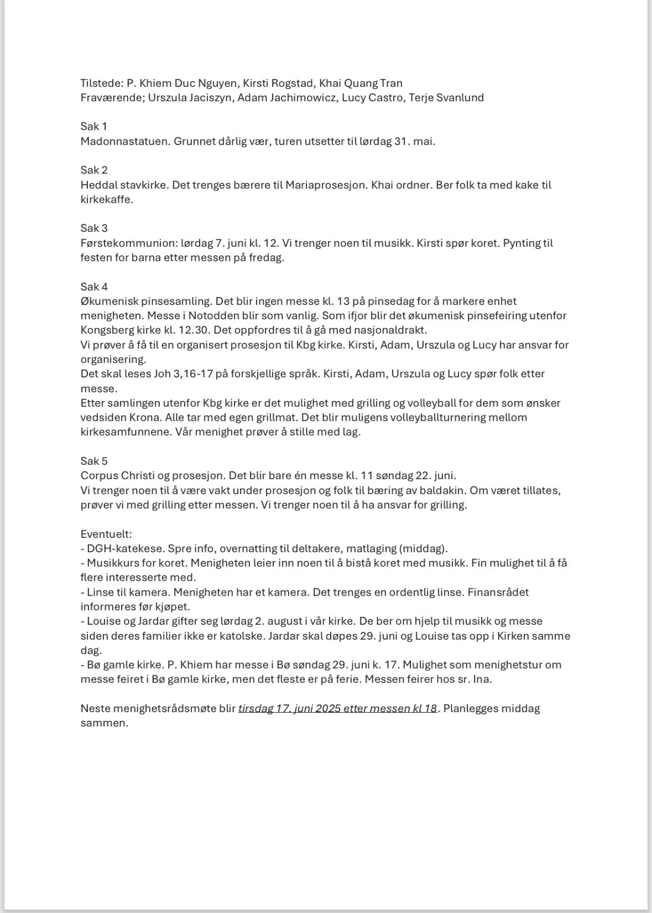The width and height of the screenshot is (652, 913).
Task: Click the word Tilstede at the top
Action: coord(101,83)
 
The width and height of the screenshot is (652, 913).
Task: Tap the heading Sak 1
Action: coord(94,127)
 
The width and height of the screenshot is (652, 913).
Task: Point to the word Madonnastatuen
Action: coord(124,141)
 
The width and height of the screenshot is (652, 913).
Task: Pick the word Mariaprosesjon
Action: coord(325,185)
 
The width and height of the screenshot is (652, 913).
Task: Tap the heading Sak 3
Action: coord(94,228)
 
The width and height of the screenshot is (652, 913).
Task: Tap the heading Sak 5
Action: coord(94,461)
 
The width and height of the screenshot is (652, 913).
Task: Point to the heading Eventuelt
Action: coord(106,534)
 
